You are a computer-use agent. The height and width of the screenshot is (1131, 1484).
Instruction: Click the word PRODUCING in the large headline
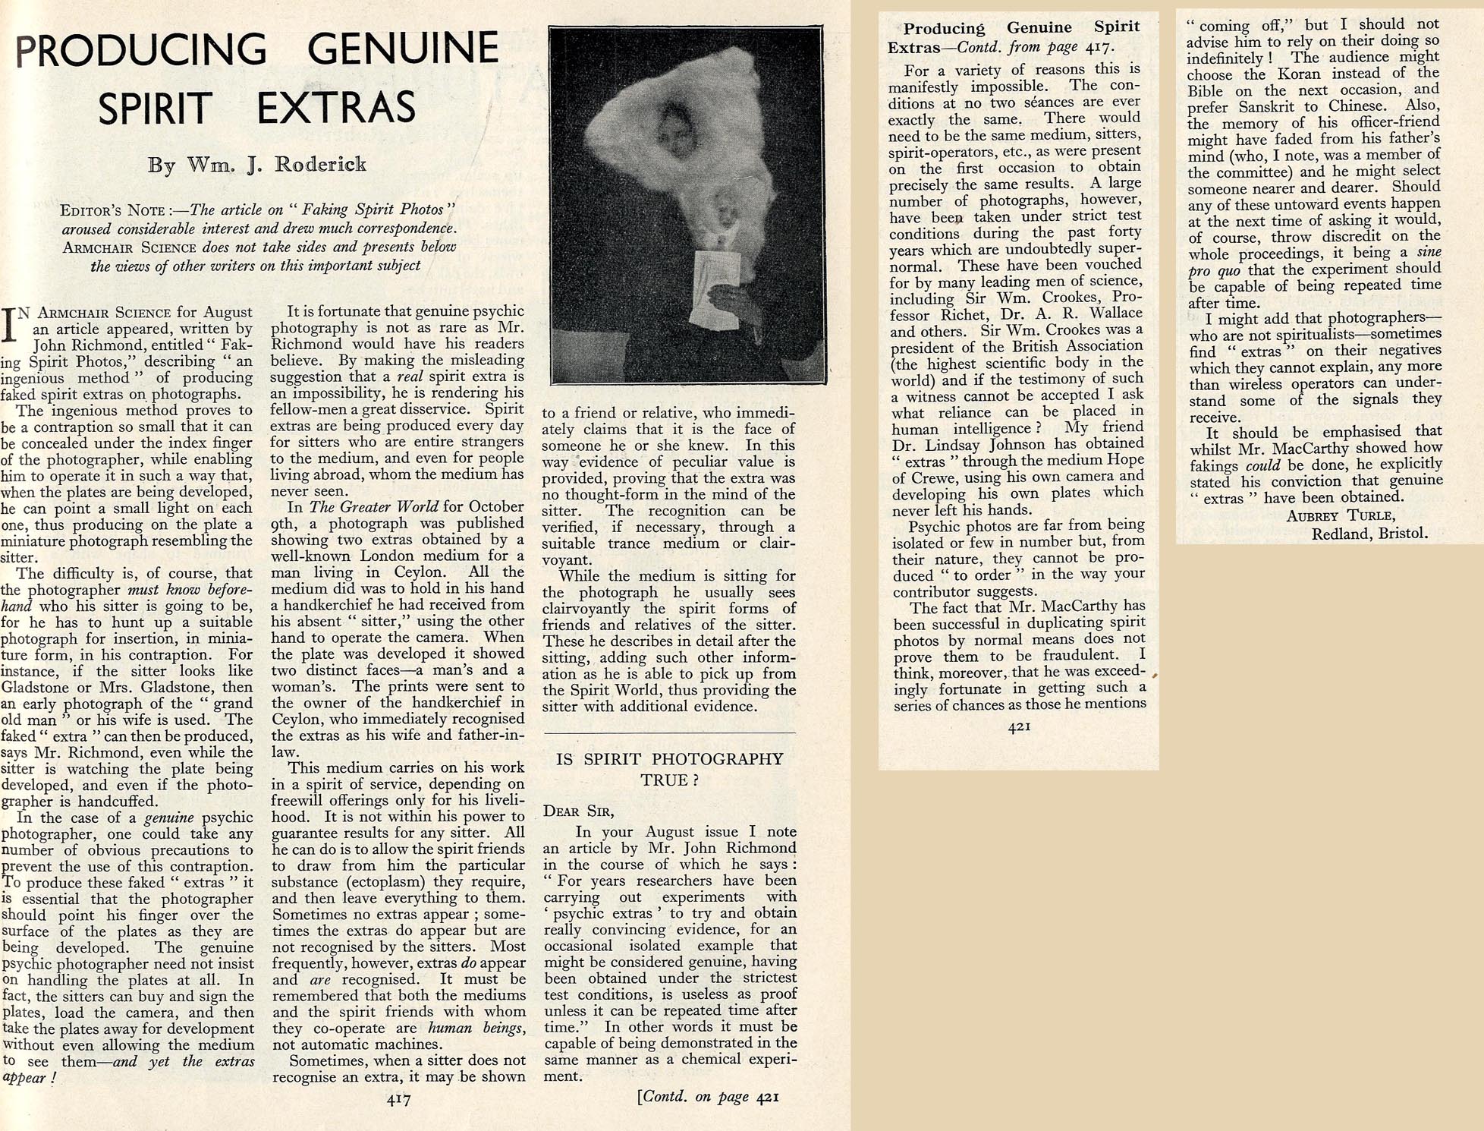tap(141, 49)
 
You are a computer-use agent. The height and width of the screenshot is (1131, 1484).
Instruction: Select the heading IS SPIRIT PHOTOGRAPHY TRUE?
tap(670, 769)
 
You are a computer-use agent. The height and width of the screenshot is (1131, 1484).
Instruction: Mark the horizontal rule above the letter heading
tap(670, 733)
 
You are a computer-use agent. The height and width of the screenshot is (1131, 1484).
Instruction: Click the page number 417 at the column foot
tap(398, 1098)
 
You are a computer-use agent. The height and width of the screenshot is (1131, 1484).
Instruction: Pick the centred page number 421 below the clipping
tap(1018, 726)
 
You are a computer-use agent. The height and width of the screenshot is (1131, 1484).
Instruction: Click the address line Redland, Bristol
tap(1369, 534)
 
